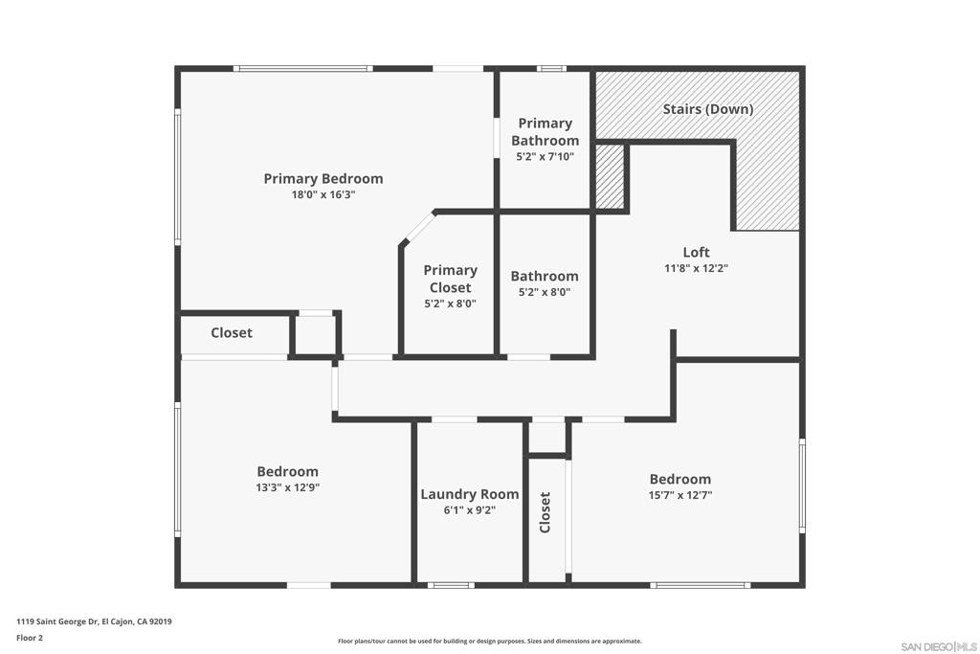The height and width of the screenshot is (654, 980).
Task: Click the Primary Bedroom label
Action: click(x=323, y=179)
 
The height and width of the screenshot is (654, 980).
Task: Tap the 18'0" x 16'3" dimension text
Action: click(x=323, y=194)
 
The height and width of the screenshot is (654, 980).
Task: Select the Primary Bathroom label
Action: click(x=545, y=132)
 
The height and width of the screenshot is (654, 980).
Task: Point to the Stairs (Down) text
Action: click(x=708, y=109)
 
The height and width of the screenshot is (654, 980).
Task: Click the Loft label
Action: click(x=697, y=252)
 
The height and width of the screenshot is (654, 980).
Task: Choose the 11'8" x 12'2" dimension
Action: click(x=697, y=268)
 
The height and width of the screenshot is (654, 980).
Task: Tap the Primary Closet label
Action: click(x=450, y=279)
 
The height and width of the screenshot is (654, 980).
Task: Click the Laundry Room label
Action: click(x=469, y=494)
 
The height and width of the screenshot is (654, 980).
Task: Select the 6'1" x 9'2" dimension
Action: click(x=469, y=510)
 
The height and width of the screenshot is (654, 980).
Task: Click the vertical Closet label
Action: click(x=545, y=512)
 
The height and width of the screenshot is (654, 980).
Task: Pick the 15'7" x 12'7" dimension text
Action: click(x=680, y=495)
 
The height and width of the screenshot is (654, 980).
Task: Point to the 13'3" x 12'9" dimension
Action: click(x=287, y=487)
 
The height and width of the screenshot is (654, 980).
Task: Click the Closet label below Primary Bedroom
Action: click(x=232, y=332)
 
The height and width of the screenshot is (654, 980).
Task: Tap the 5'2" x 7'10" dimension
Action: click(x=545, y=157)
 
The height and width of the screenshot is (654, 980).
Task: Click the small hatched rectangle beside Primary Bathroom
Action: click(x=609, y=177)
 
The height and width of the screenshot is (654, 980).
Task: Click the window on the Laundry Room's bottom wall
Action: click(x=451, y=585)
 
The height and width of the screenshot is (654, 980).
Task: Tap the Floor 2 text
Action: click(x=30, y=639)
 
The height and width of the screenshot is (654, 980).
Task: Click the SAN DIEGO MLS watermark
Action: click(x=939, y=646)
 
